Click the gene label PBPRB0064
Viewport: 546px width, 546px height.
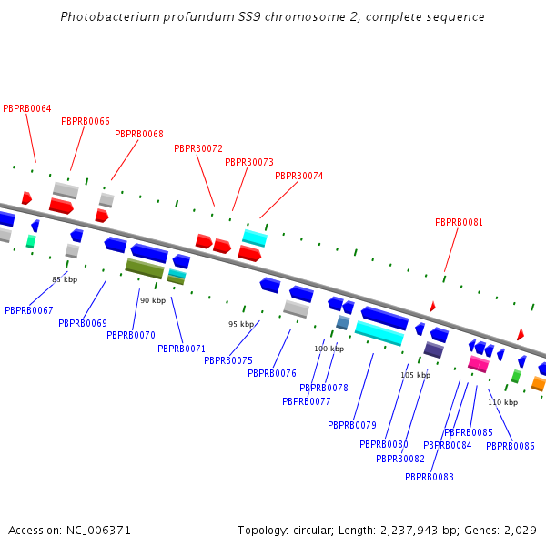(27, 108)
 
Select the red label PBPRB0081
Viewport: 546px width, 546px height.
(459, 222)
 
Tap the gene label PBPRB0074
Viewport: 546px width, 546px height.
(298, 176)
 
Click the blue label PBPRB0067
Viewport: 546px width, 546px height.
(28, 310)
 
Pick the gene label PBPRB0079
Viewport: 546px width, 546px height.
(352, 425)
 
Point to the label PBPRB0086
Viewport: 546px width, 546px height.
(510, 446)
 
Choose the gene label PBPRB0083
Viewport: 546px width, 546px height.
(429, 477)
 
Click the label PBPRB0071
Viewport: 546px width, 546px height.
(181, 349)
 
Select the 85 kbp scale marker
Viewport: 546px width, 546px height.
(65, 279)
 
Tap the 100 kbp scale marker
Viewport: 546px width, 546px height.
(329, 349)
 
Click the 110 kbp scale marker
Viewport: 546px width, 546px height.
(502, 402)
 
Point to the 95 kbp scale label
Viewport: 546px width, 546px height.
(241, 324)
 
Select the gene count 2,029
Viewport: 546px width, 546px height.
(519, 530)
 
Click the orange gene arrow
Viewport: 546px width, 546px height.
(539, 383)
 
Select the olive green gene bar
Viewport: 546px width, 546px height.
(145, 268)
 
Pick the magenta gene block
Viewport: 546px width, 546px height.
(479, 364)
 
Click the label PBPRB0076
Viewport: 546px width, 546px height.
(272, 373)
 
